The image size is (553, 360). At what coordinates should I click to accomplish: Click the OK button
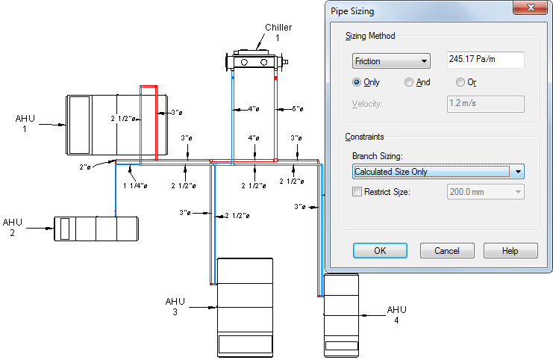point(380,251)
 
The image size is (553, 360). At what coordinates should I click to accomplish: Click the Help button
point(510,251)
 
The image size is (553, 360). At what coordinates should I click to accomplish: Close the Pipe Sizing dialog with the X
point(531,8)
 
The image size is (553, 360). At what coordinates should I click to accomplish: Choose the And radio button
point(409,82)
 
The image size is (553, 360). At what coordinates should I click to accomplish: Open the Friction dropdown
point(392,61)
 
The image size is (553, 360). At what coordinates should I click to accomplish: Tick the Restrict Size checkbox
point(357,192)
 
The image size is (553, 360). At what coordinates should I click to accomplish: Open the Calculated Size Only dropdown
point(438,172)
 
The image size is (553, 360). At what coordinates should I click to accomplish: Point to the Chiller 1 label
point(278,32)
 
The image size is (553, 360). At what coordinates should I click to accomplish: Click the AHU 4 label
point(396,314)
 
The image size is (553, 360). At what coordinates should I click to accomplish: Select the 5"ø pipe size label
point(296,108)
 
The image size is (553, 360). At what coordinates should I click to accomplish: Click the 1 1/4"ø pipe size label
point(134,186)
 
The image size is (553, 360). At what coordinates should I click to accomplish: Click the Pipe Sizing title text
point(352,11)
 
